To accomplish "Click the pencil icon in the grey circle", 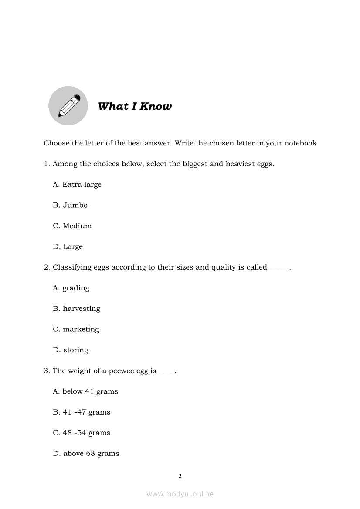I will pos(68,105).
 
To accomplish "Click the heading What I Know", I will pos(135,107).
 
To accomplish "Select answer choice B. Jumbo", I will pos(70,205).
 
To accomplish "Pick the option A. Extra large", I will pos(77,185).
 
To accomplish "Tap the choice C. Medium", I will pos(72,226).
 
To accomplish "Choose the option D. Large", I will pos(68,246).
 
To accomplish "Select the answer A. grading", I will pos(71,288).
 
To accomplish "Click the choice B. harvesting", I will pos(77,309).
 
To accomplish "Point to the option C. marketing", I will pos(76,329).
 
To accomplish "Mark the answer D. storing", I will pos(71,350).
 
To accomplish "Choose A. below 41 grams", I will pos(85,391).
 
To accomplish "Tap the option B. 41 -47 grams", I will pos(82,412).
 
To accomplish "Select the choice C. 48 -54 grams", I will pos(82,433).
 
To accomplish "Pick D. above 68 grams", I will pos(86,454).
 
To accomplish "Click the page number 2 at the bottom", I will pos(180,476).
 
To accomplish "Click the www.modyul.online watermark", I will pos(180,494).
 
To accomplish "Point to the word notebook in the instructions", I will pos(300,143).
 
